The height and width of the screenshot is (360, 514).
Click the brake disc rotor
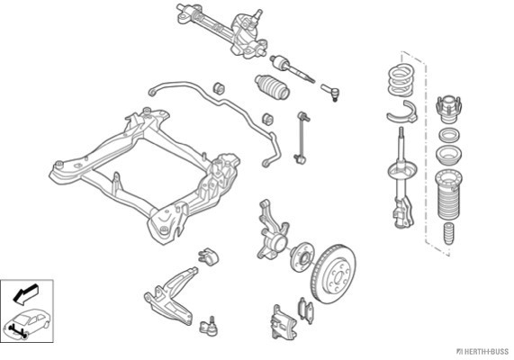coord(334,274)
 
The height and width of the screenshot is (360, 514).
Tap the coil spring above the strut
coord(401,80)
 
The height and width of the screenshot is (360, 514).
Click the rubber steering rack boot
coord(272,86)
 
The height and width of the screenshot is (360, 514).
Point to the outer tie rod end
coord(330,92)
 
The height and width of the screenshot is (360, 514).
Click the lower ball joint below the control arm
coord(209,326)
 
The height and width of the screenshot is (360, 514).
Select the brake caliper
coord(284,322)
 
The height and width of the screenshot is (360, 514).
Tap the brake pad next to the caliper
coord(306,310)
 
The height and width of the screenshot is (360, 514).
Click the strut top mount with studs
coord(448,109)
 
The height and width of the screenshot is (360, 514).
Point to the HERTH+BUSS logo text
coord(482,352)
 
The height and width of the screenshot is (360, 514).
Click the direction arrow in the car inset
coord(25,292)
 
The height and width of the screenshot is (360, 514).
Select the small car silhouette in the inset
coord(27,322)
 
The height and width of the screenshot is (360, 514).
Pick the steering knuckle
coord(272,229)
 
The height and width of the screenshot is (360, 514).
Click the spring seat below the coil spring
coord(402,112)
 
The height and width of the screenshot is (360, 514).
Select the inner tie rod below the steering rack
coord(292,68)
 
